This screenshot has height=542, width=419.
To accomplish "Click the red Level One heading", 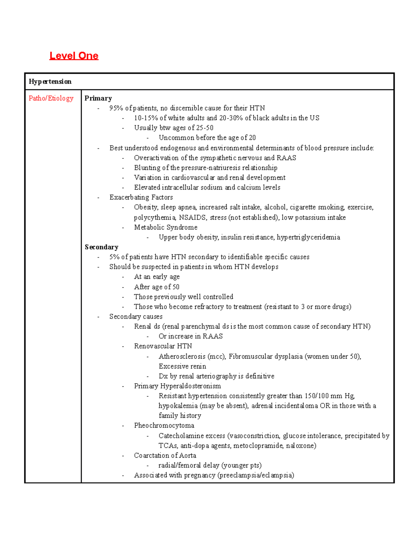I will pos(74,56).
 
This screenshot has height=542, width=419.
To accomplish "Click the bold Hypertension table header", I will pos(50,82).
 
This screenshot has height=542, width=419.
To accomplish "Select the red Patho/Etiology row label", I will pos(51,98).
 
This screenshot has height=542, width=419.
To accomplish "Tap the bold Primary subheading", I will pos(98,98).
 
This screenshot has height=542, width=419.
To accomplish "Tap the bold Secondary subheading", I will pos(101,247).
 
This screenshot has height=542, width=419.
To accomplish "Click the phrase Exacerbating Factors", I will pos(141,198).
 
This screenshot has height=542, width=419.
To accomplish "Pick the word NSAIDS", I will pos(193,218).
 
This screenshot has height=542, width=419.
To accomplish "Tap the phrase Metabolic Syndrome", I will pos(166,228).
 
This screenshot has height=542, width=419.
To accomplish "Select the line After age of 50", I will pos(156,287).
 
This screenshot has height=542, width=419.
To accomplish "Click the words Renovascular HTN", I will pos(163,346).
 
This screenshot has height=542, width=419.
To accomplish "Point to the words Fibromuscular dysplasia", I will pos(265,356).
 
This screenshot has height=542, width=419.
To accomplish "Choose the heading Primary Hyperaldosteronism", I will pos(177,386).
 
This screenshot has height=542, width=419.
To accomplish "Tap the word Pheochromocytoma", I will pos(164,425).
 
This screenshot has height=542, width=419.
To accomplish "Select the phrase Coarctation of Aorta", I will pos(165,455).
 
